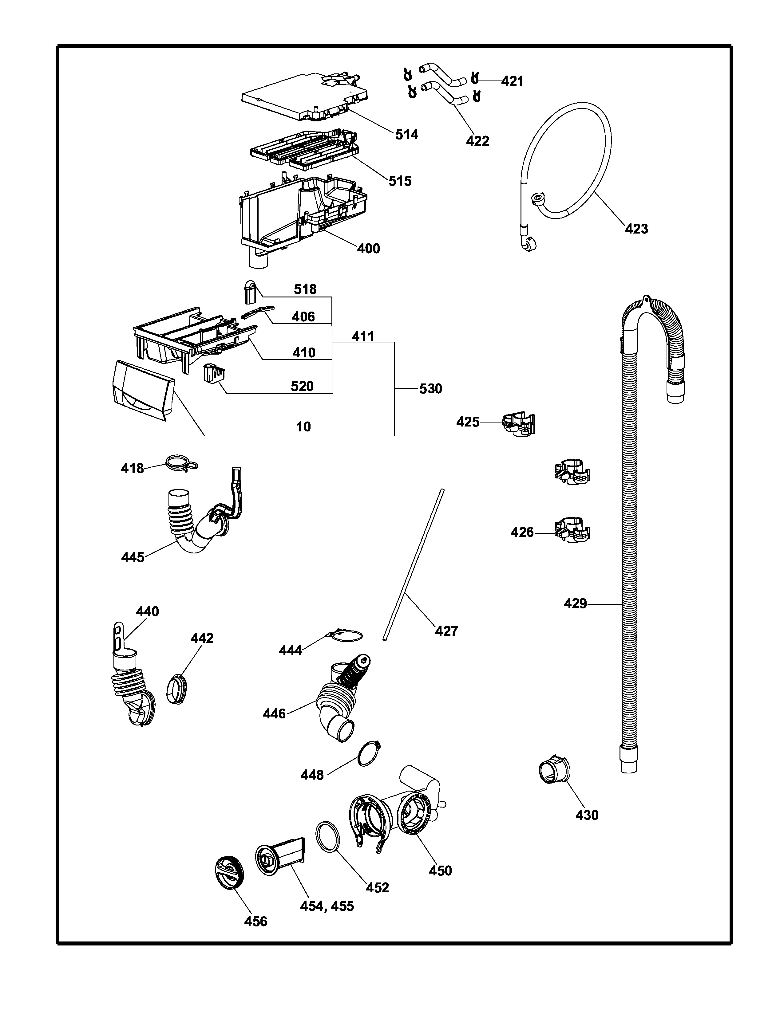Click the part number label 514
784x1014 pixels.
click(406, 135)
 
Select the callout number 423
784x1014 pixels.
click(636, 229)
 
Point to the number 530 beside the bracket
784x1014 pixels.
click(430, 389)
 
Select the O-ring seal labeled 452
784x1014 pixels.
click(327, 837)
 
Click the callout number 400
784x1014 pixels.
click(368, 249)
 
